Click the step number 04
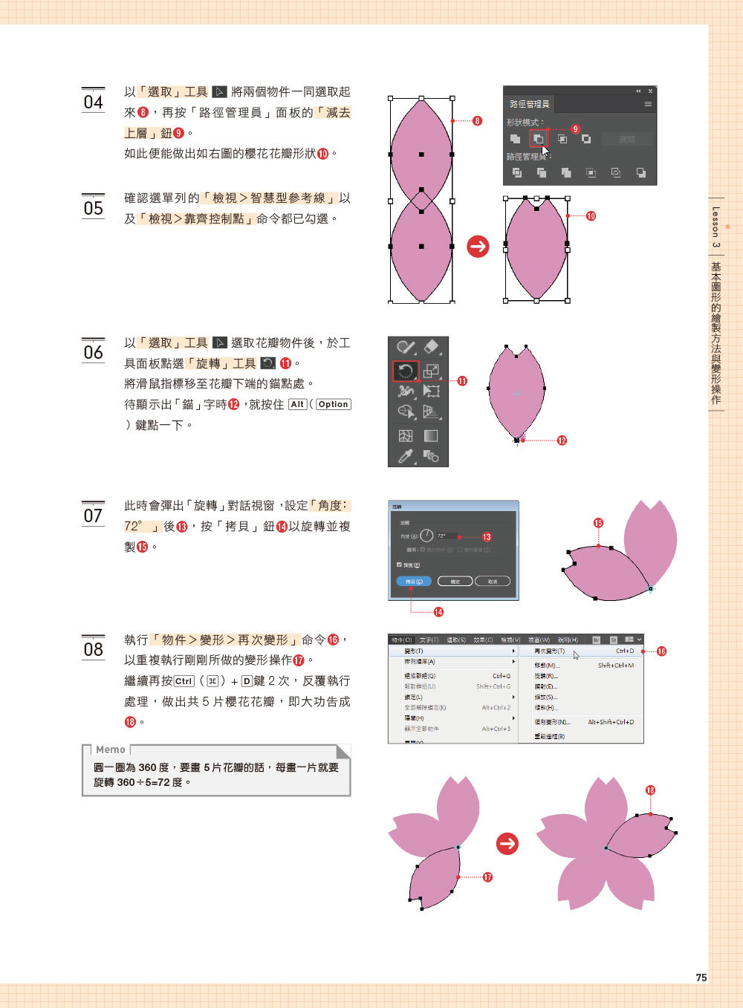click(x=93, y=102)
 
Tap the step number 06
click(x=93, y=351)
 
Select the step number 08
click(x=93, y=648)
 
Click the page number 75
click(x=701, y=978)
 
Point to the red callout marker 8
click(x=477, y=120)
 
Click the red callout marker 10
click(x=591, y=216)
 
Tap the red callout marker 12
click(x=562, y=440)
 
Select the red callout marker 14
click(x=438, y=612)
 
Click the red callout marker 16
click(x=661, y=651)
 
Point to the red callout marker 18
click(x=650, y=790)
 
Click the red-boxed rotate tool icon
click(x=406, y=370)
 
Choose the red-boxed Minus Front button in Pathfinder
click(x=538, y=139)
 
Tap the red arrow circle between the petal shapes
click(x=478, y=247)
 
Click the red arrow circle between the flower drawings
click(x=507, y=843)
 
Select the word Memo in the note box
click(x=111, y=750)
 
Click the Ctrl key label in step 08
click(x=184, y=681)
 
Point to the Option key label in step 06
click(x=333, y=405)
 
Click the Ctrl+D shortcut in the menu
click(x=625, y=651)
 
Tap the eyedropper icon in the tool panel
click(x=405, y=456)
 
